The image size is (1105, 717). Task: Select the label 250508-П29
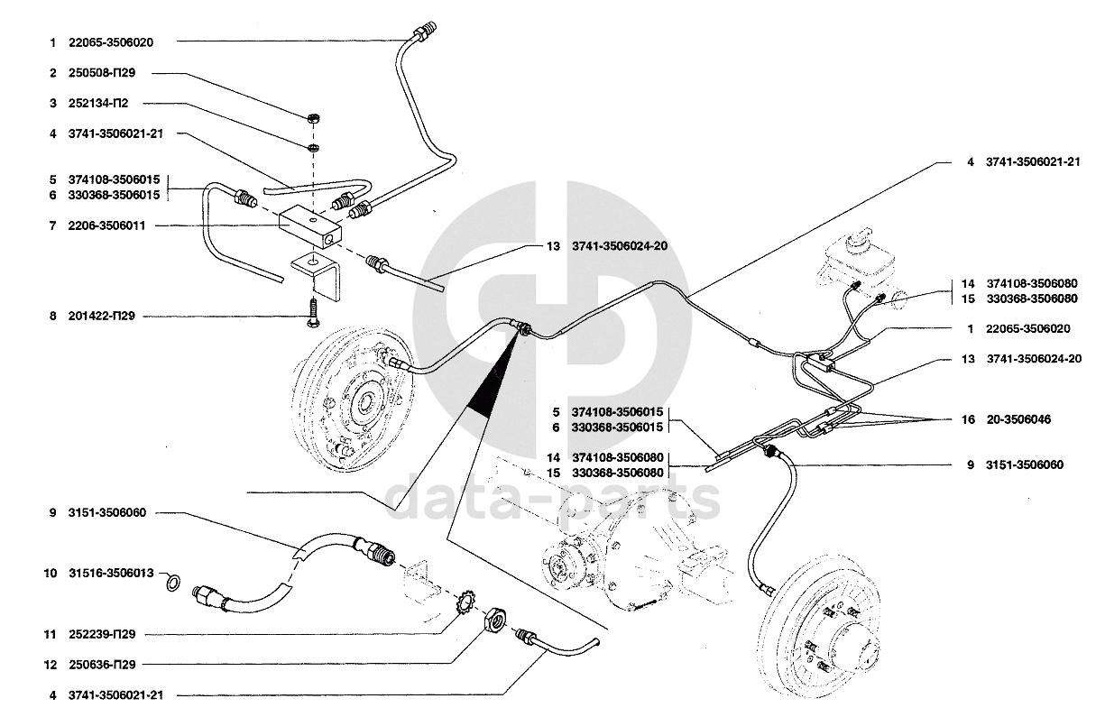pos(102,73)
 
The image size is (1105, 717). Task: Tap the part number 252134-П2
pos(98,104)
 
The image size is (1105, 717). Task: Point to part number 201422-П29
pos(102,316)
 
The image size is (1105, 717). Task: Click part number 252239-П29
pos(102,634)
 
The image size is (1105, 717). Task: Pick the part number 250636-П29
pos(102,665)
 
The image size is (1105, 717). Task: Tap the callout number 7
pos(53,225)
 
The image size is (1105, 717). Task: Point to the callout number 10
pos(51,573)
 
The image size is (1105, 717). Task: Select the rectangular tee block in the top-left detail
pos(310,225)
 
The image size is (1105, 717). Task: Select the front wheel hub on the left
pos(356,397)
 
